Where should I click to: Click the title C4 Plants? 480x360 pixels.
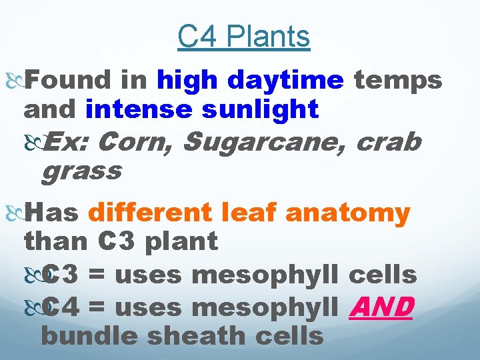coord(243,38)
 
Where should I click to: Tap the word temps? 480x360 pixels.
coord(397,80)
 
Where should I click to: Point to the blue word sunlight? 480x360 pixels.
coord(260,109)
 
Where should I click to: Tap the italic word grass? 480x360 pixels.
coord(81,171)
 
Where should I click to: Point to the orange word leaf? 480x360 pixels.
coord(253,213)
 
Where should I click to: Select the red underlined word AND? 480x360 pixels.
coord(381,307)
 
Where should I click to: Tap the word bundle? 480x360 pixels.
coord(89,336)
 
